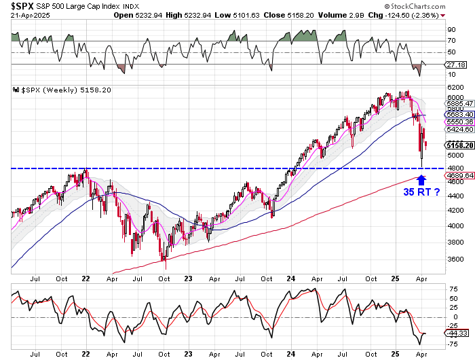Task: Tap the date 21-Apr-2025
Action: pyautogui.click(x=24, y=15)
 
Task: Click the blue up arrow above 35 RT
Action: pyautogui.click(x=421, y=180)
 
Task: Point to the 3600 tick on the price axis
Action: pyautogui.click(x=453, y=259)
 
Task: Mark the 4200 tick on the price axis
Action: pyautogui.click(x=453, y=211)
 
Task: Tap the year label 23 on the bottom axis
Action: pyautogui.click(x=190, y=354)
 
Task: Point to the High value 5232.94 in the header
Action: pyautogui.click(x=201, y=15)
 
